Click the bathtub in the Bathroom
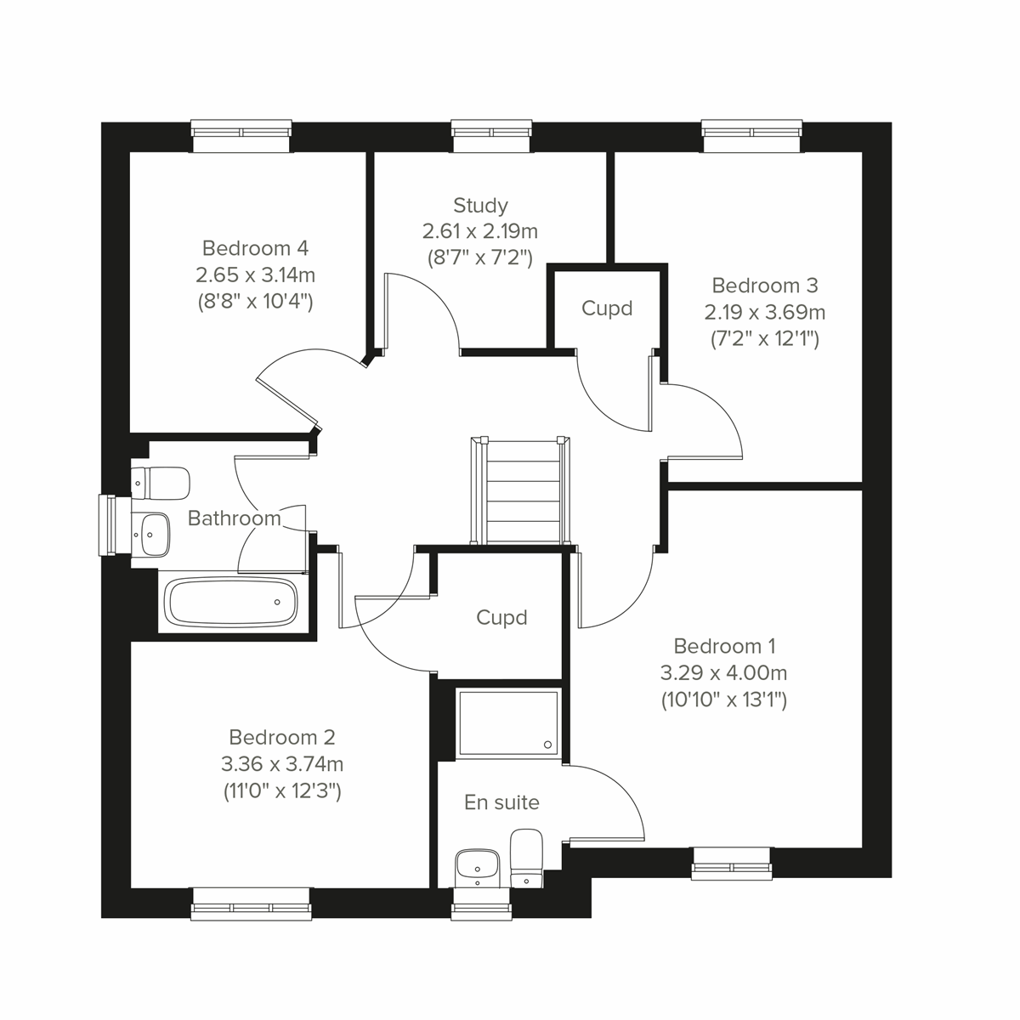click(232, 603)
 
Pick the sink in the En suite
click(476, 867)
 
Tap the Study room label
click(480, 205)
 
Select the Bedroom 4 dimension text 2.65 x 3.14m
click(255, 275)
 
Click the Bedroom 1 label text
click(723, 646)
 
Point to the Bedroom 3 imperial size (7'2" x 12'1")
click(764, 339)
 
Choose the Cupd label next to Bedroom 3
click(607, 308)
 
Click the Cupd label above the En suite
click(501, 617)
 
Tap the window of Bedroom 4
click(241, 133)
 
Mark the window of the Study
click(492, 133)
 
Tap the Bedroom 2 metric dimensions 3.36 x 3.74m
click(281, 764)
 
